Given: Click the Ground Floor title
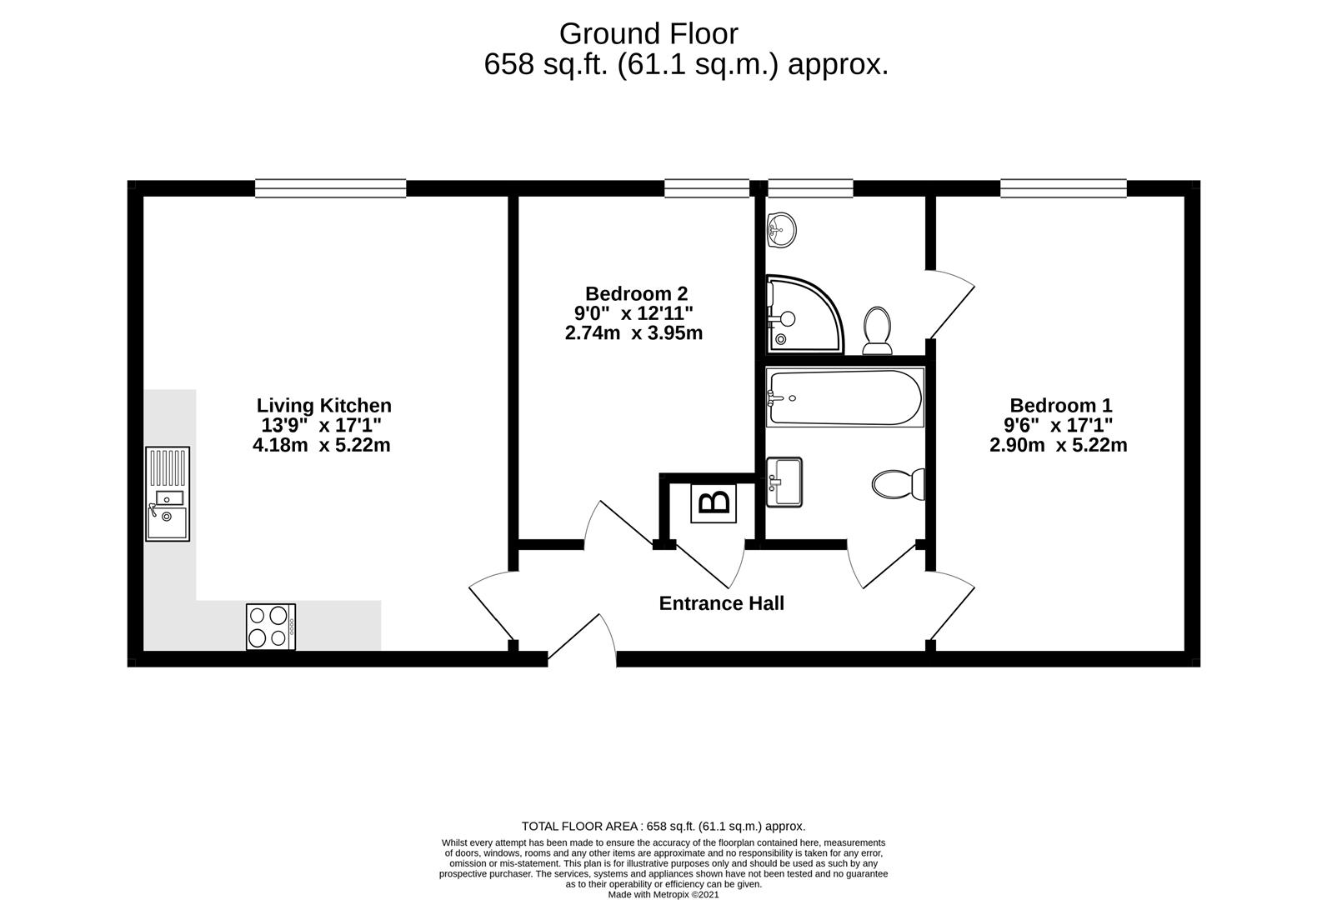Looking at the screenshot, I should (x=648, y=34).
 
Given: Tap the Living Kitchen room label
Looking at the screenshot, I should (x=323, y=406).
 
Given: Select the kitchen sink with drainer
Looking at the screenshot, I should (x=168, y=493).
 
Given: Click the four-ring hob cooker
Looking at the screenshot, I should (x=270, y=627).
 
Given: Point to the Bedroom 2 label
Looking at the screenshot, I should (x=636, y=293).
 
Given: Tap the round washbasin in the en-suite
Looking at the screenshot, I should (x=782, y=227).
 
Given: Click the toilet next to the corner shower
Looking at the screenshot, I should (x=877, y=330).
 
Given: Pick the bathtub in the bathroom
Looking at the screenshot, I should (x=844, y=398).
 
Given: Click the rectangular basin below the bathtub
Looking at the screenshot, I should (x=784, y=482).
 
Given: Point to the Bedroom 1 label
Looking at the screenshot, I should (x=1060, y=406).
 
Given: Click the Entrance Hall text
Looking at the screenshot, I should (x=721, y=603).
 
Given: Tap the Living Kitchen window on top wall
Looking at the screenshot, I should (x=330, y=188).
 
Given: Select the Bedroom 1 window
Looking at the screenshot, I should (x=1063, y=188).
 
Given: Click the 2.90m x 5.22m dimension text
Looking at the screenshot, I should (x=1058, y=445).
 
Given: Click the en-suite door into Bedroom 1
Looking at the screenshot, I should (x=950, y=305).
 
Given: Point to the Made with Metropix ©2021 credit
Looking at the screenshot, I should (x=663, y=894).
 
